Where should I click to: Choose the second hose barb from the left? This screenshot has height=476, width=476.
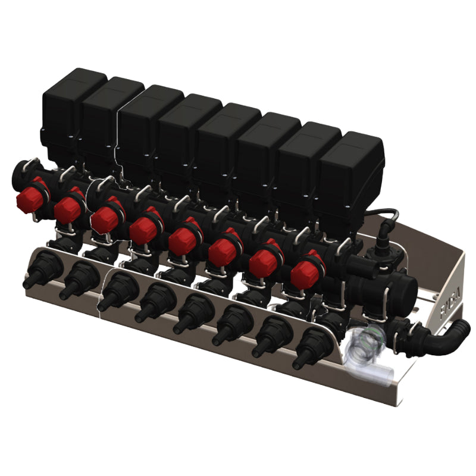[x=74, y=284]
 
